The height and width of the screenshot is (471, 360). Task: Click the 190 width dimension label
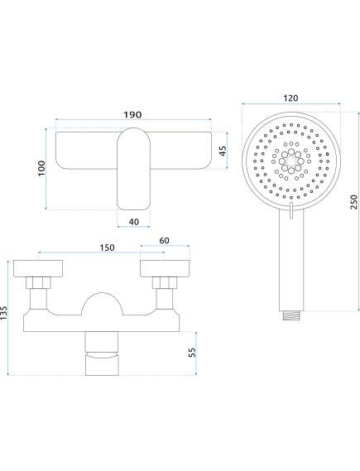coord(132,114)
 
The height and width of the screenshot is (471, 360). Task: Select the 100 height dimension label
coord(41,168)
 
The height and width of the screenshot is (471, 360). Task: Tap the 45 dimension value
coord(223,151)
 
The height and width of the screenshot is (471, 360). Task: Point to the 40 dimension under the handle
coord(134,222)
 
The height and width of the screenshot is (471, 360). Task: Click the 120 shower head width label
coord(290,98)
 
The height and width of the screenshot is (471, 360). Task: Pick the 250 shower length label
coord(354,202)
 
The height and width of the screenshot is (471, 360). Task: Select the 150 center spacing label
coord(108,248)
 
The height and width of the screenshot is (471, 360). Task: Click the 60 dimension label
coord(164,241)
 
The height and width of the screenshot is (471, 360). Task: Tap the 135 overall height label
coord(4,314)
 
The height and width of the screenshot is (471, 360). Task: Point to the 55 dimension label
coord(191,352)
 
